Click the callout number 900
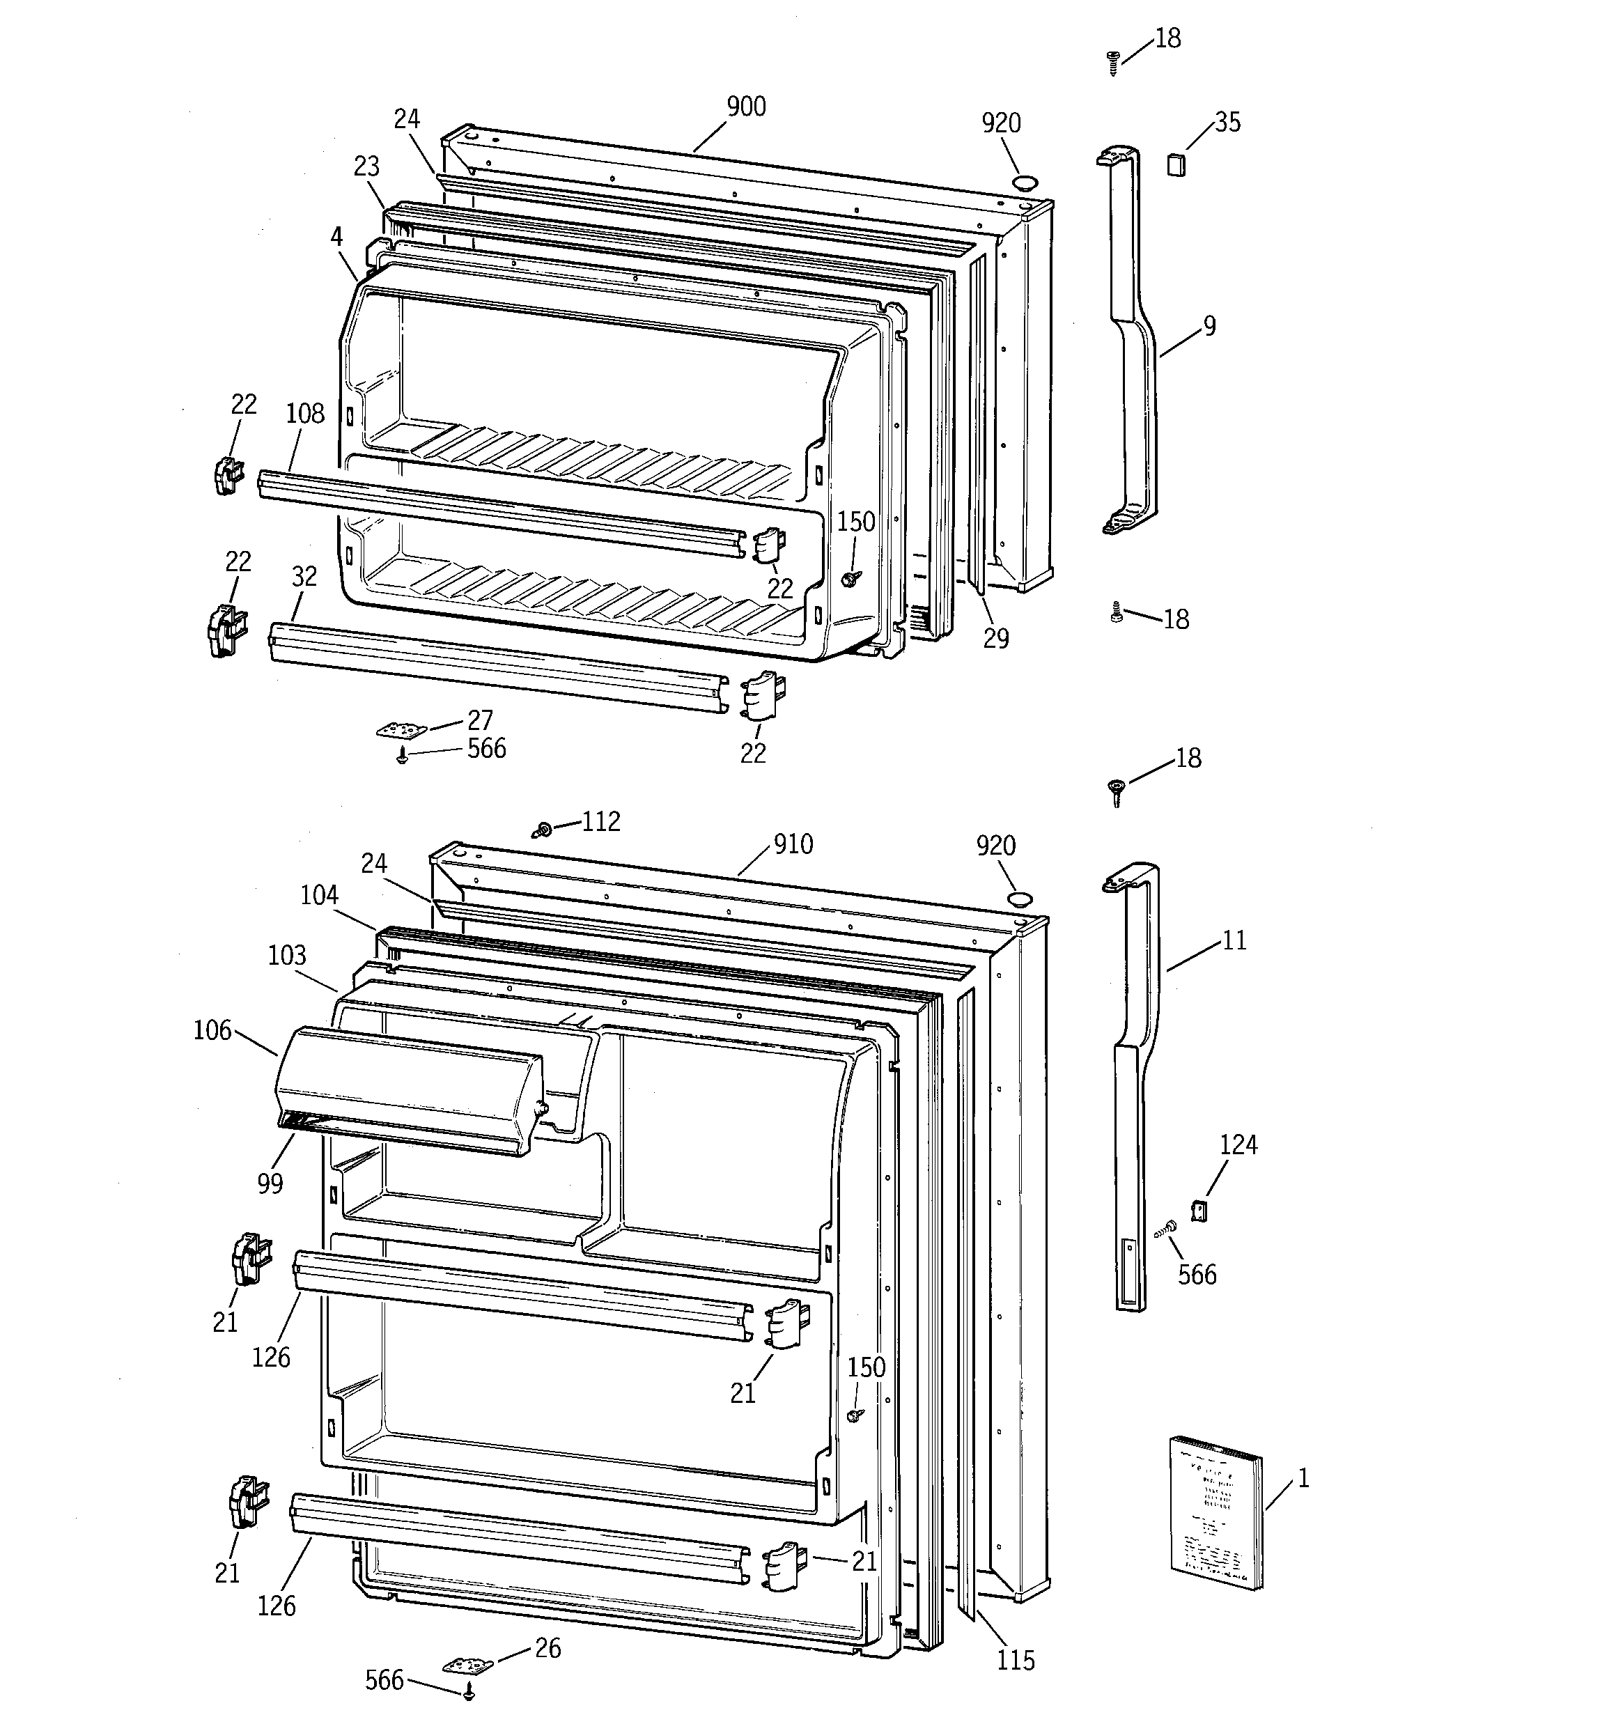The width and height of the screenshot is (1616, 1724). coord(745,107)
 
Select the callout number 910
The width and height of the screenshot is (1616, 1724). coord(792,844)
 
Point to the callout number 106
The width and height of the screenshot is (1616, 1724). coord(212,1030)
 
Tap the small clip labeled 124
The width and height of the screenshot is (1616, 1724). coord(1199,1211)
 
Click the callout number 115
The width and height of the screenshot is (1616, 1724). coord(1015,1661)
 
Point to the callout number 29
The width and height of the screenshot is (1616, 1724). coord(996,638)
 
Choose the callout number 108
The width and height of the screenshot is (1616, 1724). coord(304,414)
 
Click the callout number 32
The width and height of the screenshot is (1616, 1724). coord(304,577)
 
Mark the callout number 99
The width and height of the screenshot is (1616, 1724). coord(270,1183)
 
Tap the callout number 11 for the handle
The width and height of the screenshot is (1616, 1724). coord(1234,940)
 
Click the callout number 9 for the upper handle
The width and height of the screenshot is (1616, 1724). coord(1209,326)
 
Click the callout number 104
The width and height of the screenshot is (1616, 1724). coord(319,895)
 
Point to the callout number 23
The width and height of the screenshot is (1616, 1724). coord(367,166)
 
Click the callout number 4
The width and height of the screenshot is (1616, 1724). coord(336,237)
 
